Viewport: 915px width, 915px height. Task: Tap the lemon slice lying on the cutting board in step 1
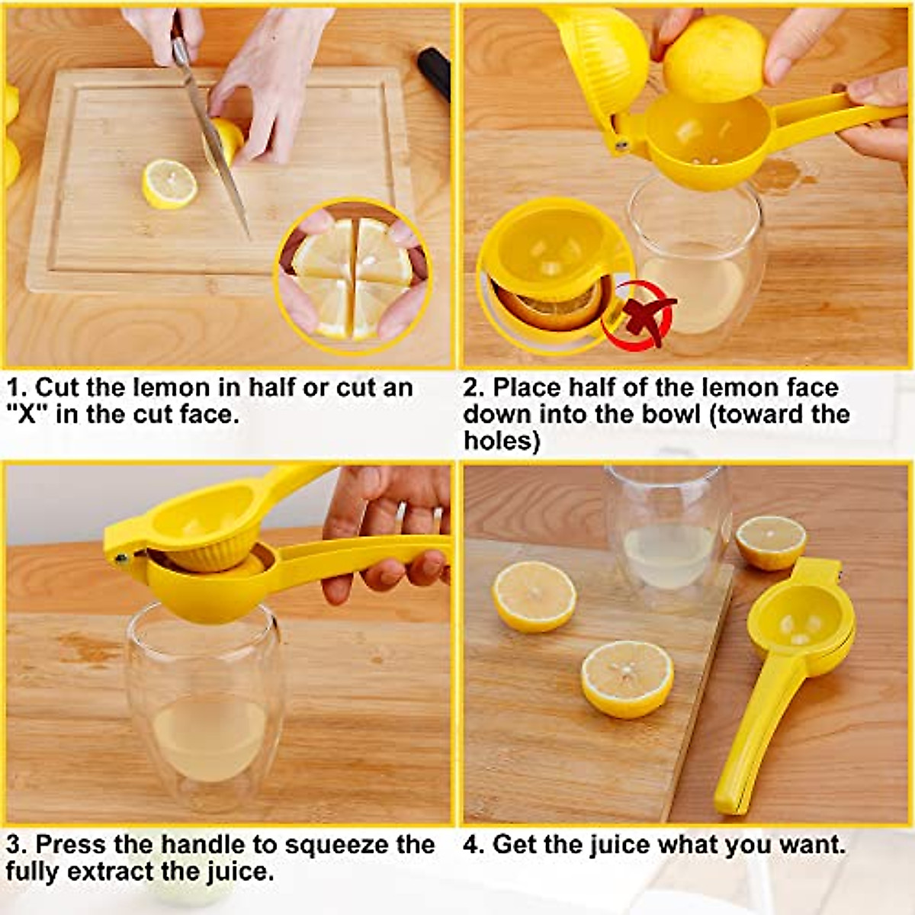point(169,184)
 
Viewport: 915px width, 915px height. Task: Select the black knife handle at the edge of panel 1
point(435,72)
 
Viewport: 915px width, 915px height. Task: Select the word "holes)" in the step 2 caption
point(501,441)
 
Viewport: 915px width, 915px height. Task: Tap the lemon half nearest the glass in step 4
point(770,542)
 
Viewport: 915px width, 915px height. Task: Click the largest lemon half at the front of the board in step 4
point(627,678)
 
